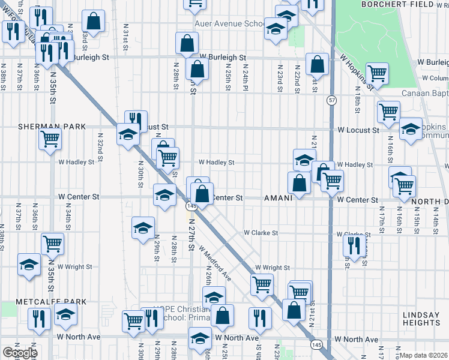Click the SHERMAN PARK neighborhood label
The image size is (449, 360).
[x=52, y=127]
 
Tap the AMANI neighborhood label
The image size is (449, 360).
[x=278, y=197]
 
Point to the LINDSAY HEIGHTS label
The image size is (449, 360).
[x=425, y=319]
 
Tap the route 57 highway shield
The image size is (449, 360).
[x=331, y=99]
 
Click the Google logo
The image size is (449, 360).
[x=20, y=353]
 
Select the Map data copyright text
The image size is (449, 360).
[x=424, y=355]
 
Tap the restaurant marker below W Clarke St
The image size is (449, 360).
[x=354, y=245]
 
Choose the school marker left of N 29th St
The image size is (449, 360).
[x=143, y=228]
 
